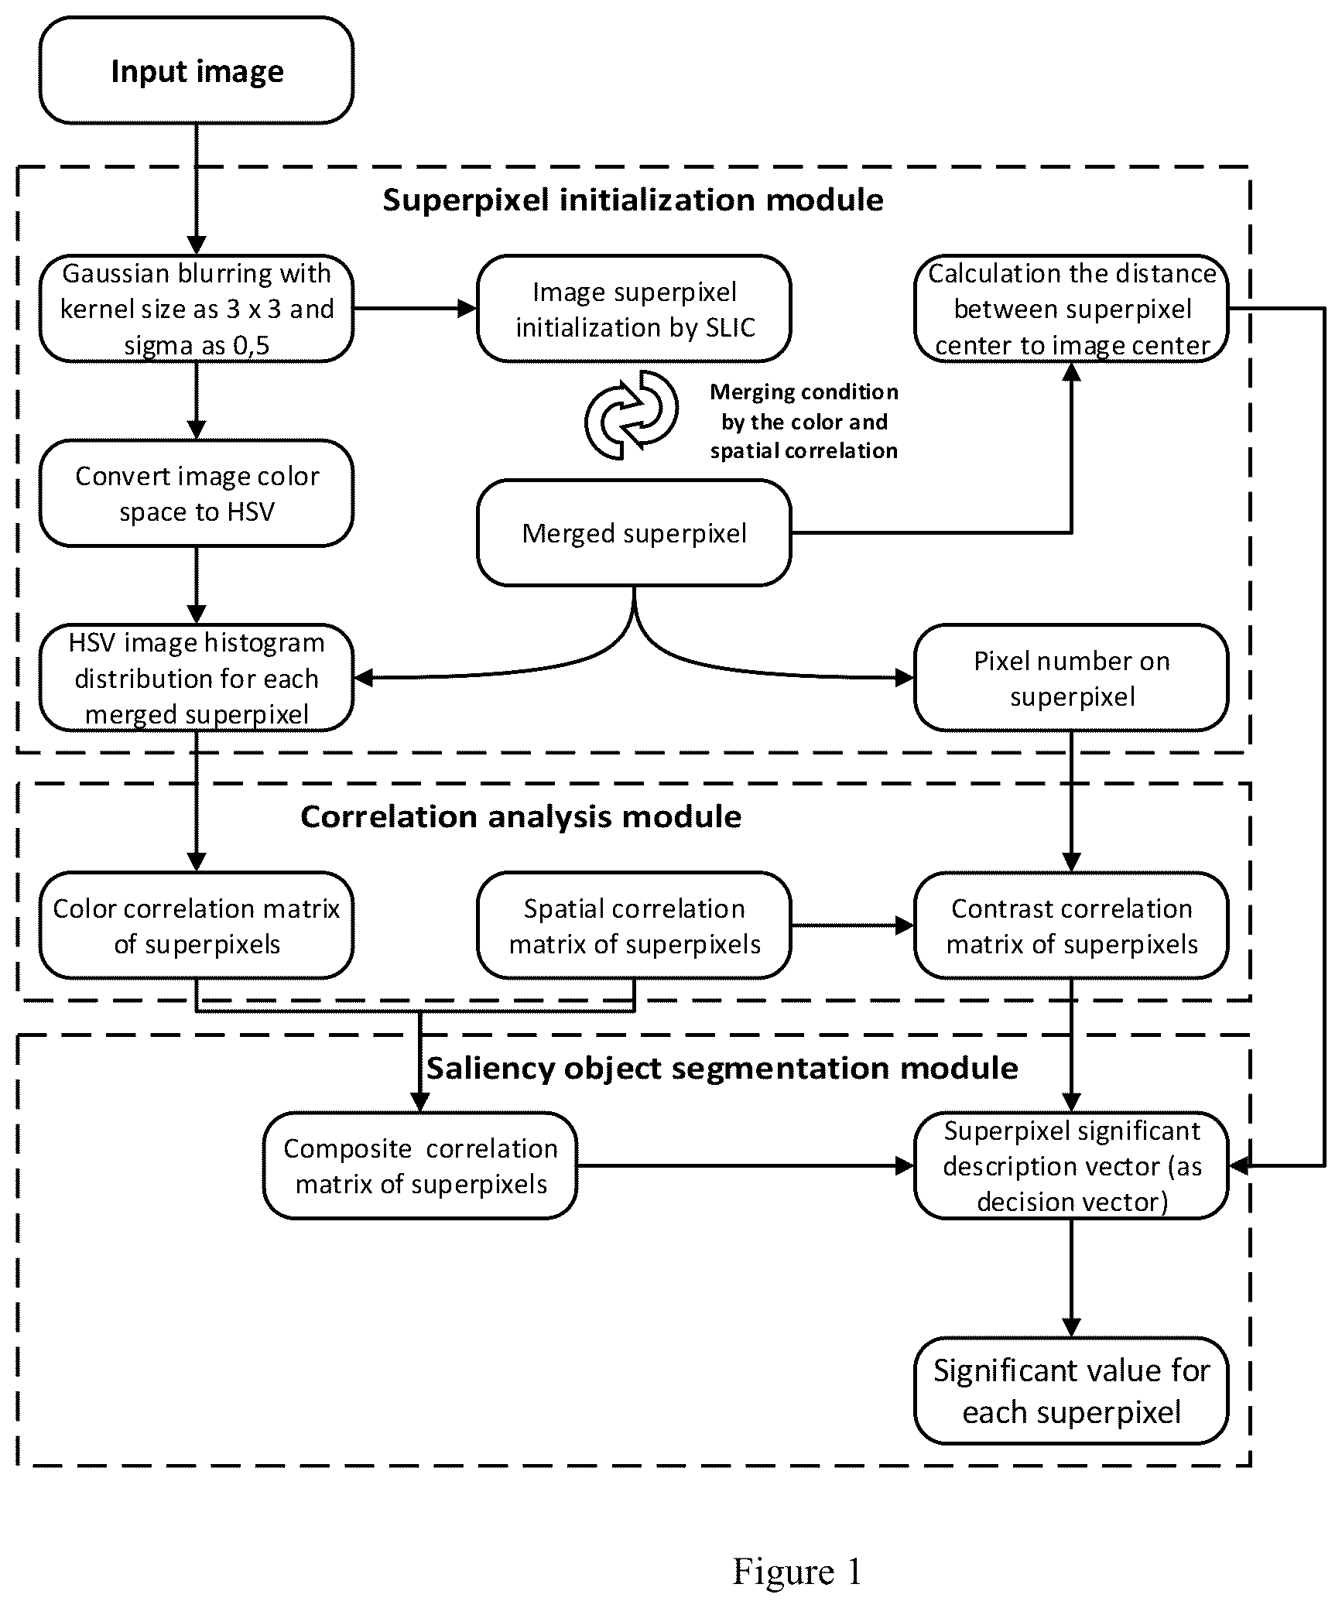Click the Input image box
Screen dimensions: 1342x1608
click(x=197, y=70)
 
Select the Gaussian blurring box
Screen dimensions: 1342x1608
click(x=197, y=308)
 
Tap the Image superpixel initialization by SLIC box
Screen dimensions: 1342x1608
click(x=634, y=308)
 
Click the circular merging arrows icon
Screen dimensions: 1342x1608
click(x=632, y=415)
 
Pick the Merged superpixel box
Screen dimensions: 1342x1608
click(x=634, y=532)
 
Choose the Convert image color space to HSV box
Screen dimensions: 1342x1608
click(x=197, y=493)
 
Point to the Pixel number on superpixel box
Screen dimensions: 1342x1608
click(x=1071, y=678)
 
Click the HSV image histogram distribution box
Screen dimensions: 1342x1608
click(x=197, y=678)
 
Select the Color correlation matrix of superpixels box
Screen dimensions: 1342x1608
click(x=197, y=925)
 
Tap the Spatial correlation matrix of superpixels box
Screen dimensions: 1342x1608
click(x=634, y=925)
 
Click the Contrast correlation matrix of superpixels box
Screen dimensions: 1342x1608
click(x=1071, y=925)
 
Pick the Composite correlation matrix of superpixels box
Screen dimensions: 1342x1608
click(x=420, y=1165)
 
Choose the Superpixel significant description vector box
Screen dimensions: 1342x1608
click(x=1071, y=1165)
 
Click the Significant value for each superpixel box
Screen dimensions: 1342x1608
click(x=1071, y=1391)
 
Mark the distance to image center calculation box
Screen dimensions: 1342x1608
click(x=1071, y=308)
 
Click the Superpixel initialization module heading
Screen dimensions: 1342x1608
click(x=633, y=200)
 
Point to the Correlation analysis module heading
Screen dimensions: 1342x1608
click(x=521, y=816)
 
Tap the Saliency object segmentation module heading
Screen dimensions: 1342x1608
click(x=722, y=1068)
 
